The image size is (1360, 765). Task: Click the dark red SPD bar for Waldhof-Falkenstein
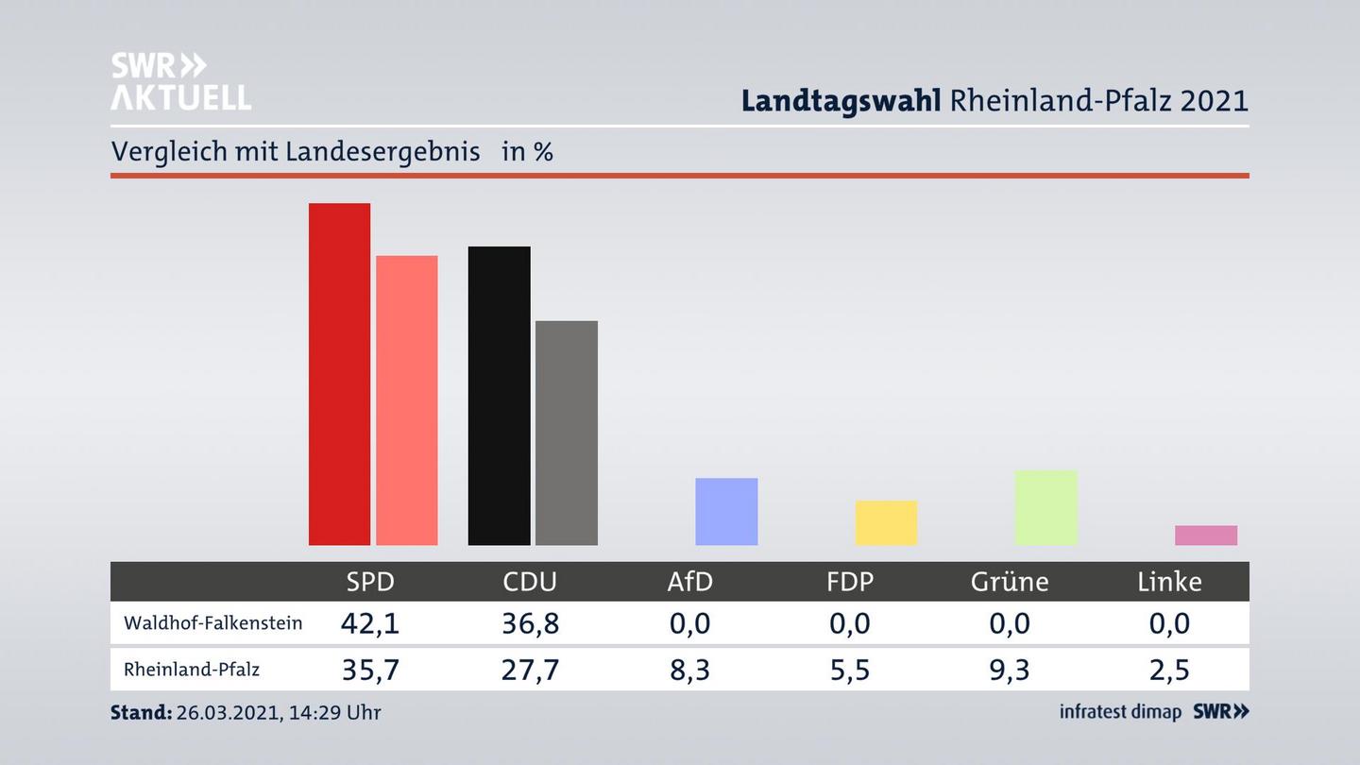339,374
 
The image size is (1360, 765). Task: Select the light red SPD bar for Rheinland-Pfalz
406,400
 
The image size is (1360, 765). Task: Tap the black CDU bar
499,396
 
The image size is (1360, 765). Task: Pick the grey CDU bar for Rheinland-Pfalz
566,433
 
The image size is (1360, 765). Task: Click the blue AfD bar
726,511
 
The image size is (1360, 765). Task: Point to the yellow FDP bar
886,522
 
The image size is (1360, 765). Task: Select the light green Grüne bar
1045,507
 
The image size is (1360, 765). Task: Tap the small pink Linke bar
1205,535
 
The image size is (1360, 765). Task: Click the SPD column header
369,581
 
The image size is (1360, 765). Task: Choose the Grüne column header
1010,581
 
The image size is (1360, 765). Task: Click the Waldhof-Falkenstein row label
212,623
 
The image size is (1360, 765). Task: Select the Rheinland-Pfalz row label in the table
192,670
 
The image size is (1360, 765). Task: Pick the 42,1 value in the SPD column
369,623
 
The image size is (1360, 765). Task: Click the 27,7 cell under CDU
530,670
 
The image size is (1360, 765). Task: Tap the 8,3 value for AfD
689,670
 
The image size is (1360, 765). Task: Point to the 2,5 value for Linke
1169,670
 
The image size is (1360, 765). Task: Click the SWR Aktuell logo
180,81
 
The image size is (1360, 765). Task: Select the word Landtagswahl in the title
841,100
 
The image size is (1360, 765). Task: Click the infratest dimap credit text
1120,712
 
